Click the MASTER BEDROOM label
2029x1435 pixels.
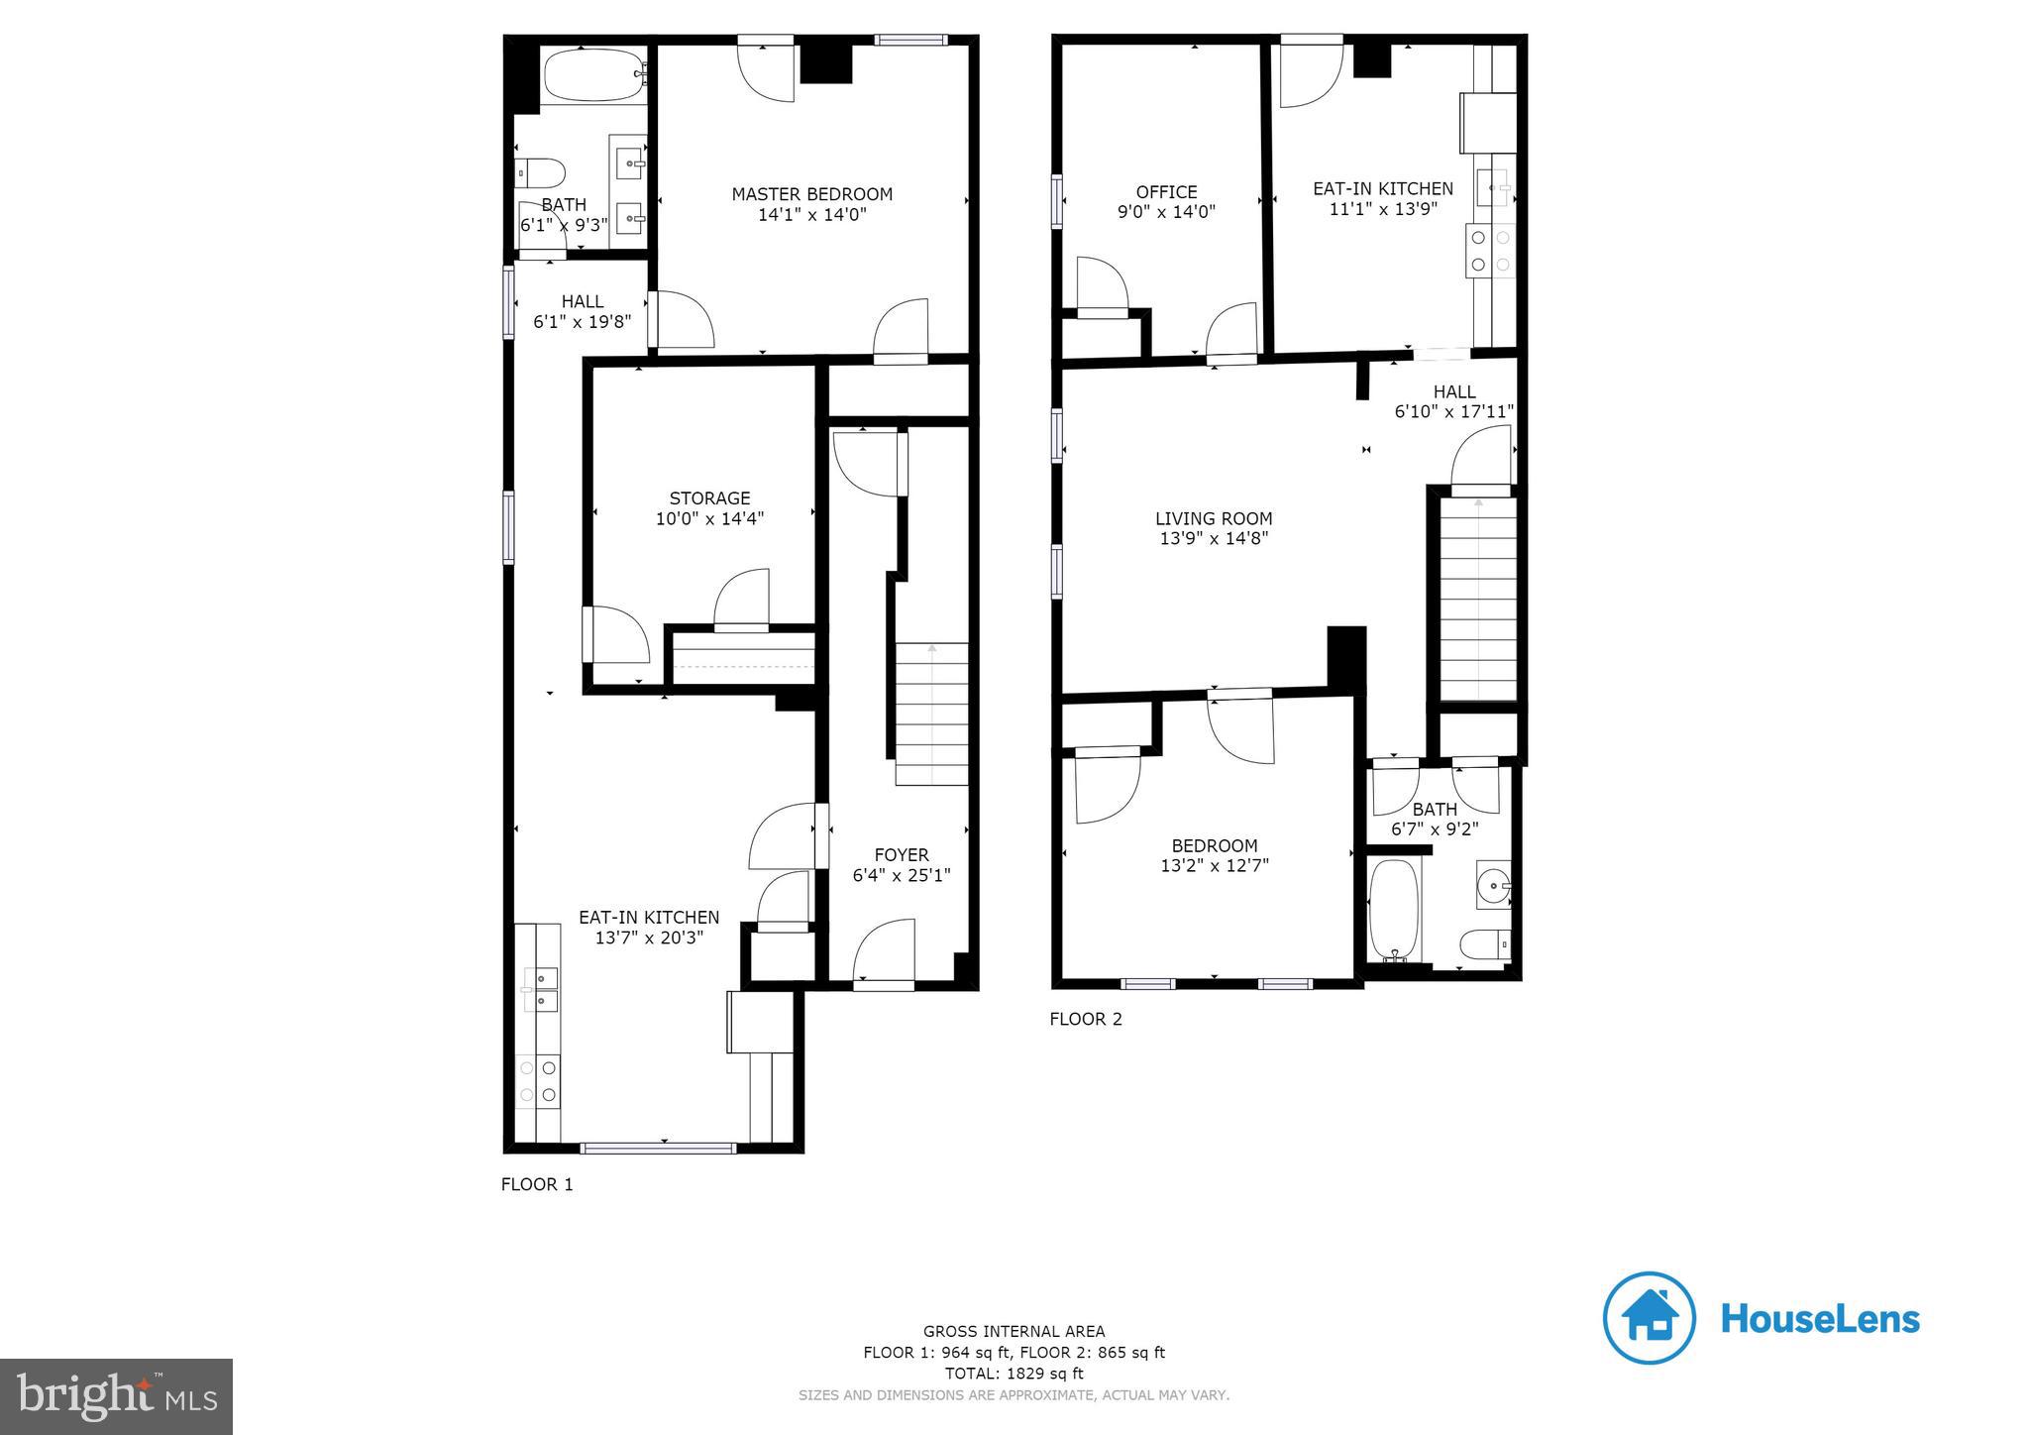pyautogui.click(x=811, y=194)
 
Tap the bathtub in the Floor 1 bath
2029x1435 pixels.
pyautogui.click(x=592, y=75)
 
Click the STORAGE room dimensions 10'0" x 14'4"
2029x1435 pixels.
pyautogui.click(x=709, y=518)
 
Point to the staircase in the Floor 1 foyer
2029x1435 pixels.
pyautogui.click(x=931, y=714)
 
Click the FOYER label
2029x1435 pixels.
pyautogui.click(x=902, y=854)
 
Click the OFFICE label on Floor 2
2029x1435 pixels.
pyautogui.click(x=1166, y=191)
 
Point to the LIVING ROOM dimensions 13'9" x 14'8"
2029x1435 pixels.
pyautogui.click(x=1214, y=538)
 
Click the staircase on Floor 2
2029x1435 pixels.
pyautogui.click(x=1477, y=600)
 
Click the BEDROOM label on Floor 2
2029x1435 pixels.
pyautogui.click(x=1214, y=845)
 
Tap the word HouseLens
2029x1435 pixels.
pyautogui.click(x=1820, y=1319)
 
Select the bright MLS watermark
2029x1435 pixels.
pyautogui.click(x=116, y=1396)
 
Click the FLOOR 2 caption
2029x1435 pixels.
pyautogui.click(x=1086, y=1019)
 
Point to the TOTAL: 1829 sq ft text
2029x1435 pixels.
pyautogui.click(x=1014, y=1374)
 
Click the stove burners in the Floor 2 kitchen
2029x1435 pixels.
pyautogui.click(x=1490, y=250)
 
